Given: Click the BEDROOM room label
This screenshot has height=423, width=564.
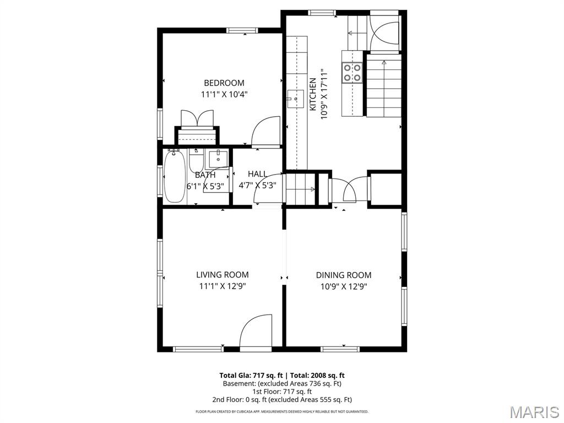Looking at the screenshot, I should pyautogui.click(x=224, y=83).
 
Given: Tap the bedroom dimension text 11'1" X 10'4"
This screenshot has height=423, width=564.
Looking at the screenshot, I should pyautogui.click(x=224, y=94).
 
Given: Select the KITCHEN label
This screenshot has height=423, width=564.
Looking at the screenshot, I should pyautogui.click(x=312, y=94).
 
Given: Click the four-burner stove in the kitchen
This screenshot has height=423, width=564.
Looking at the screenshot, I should pyautogui.click(x=352, y=72).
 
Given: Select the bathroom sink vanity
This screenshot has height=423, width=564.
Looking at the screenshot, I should pyautogui.click(x=219, y=158).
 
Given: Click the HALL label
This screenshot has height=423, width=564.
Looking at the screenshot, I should pyautogui.click(x=257, y=174).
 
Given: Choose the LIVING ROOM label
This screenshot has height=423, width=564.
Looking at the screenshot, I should pyautogui.click(x=222, y=274).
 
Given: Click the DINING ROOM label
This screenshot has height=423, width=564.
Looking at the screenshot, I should pyautogui.click(x=343, y=275).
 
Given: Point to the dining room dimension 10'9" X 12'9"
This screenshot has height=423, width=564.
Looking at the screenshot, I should pyautogui.click(x=343, y=286).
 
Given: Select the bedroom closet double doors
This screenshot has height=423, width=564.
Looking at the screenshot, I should pyautogui.click(x=197, y=118).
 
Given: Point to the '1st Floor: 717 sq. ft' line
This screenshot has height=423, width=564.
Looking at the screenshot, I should pyautogui.click(x=282, y=391).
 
